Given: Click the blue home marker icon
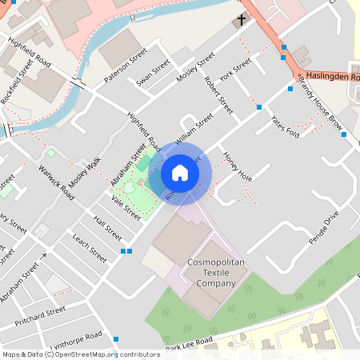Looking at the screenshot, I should [x=180, y=173].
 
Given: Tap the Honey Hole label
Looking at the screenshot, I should [x=238, y=166].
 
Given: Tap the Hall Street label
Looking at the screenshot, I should [x=107, y=229].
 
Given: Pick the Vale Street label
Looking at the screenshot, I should [x=126, y=207].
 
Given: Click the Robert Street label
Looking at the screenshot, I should [x=218, y=94].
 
